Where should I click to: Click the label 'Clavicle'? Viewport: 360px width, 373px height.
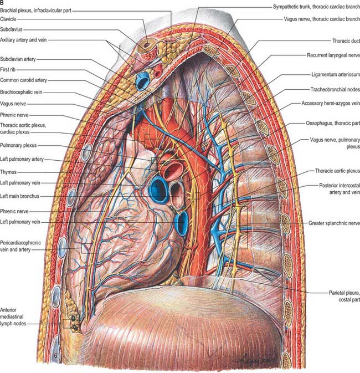8,19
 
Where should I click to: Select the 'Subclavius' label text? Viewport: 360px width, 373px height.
11,29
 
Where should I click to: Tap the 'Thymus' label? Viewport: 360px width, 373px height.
8,172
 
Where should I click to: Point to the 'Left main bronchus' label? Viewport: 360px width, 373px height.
19,196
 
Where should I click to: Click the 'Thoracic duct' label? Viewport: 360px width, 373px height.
346,41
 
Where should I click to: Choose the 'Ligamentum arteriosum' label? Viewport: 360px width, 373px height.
336,74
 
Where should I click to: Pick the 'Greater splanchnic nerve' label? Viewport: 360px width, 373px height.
334,223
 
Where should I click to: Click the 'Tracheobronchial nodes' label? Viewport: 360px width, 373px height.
335,89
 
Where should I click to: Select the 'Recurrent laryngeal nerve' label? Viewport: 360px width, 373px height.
333,55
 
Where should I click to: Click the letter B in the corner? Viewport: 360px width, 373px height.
2,3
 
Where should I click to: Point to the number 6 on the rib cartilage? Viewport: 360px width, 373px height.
55,356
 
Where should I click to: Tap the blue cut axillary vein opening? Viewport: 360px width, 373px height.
142,81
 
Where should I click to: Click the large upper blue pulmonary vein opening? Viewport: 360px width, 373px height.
158,190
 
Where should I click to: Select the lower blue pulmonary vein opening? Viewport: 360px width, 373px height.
182,223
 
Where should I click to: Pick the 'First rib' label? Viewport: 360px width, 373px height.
8,69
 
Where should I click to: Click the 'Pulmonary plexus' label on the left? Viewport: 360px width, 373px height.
18,145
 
